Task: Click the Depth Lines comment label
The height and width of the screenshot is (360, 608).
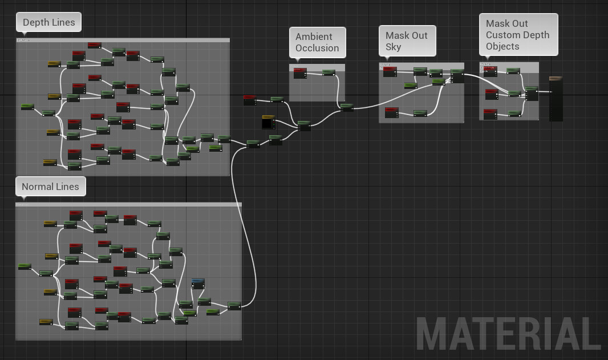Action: coord(48,23)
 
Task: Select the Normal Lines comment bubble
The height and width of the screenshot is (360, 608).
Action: coord(50,187)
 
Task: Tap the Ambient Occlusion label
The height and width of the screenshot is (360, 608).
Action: coord(317,42)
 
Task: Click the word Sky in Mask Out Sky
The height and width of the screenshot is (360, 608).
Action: coord(394,47)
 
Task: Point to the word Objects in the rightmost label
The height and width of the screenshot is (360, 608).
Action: coord(502,46)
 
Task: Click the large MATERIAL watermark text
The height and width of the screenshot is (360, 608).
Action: coord(508,333)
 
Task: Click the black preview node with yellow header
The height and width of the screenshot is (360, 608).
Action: coord(268,122)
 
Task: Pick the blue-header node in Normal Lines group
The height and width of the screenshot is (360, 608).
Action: coord(198,284)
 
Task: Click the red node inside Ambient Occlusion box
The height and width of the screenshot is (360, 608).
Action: coord(300,72)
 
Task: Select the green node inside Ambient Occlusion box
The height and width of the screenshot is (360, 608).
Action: coord(329,72)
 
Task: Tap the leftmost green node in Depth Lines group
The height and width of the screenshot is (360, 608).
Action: coord(27,107)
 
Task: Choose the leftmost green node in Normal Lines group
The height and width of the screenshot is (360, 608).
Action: coord(25,266)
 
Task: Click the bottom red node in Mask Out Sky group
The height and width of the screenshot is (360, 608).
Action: coord(391,112)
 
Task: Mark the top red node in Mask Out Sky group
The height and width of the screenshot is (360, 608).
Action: coord(390,71)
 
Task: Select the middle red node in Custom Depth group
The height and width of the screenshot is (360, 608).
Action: coord(491,94)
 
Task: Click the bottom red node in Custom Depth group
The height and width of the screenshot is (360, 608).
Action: coord(491,114)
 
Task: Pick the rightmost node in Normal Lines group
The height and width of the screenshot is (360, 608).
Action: coord(234,306)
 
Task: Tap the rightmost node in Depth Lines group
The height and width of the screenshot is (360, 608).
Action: coord(224,139)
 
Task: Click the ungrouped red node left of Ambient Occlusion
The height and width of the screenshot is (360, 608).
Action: coord(250,100)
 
